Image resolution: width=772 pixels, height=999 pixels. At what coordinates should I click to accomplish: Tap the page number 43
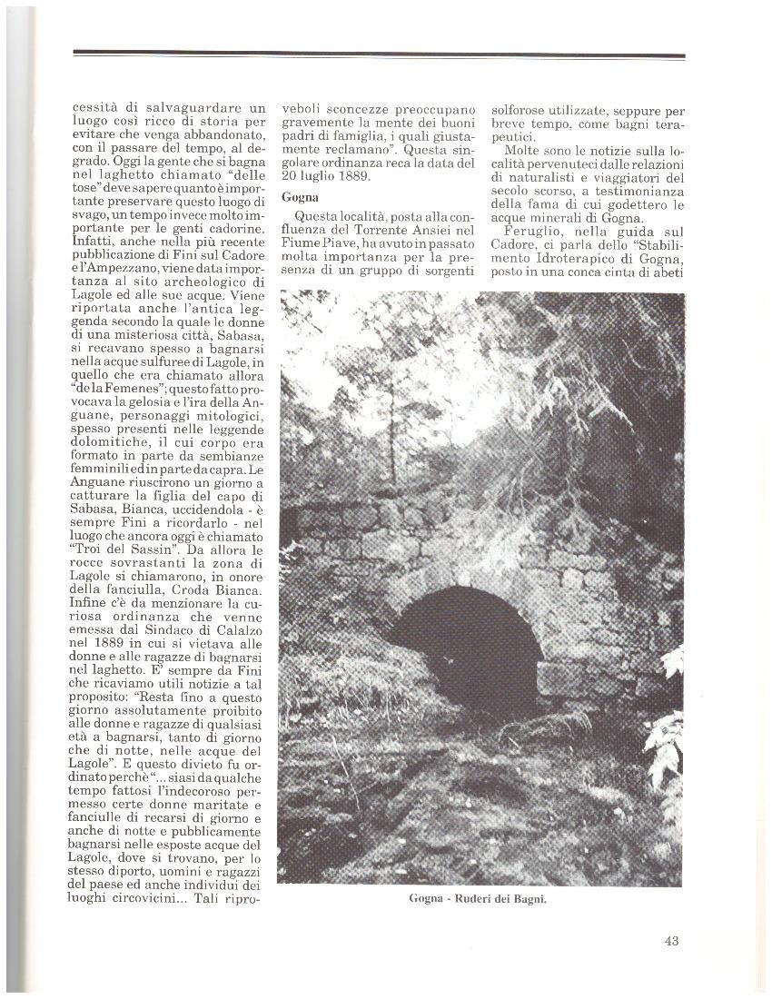(x=671, y=941)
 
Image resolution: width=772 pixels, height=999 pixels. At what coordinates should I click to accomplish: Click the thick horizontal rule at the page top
(x=379, y=54)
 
